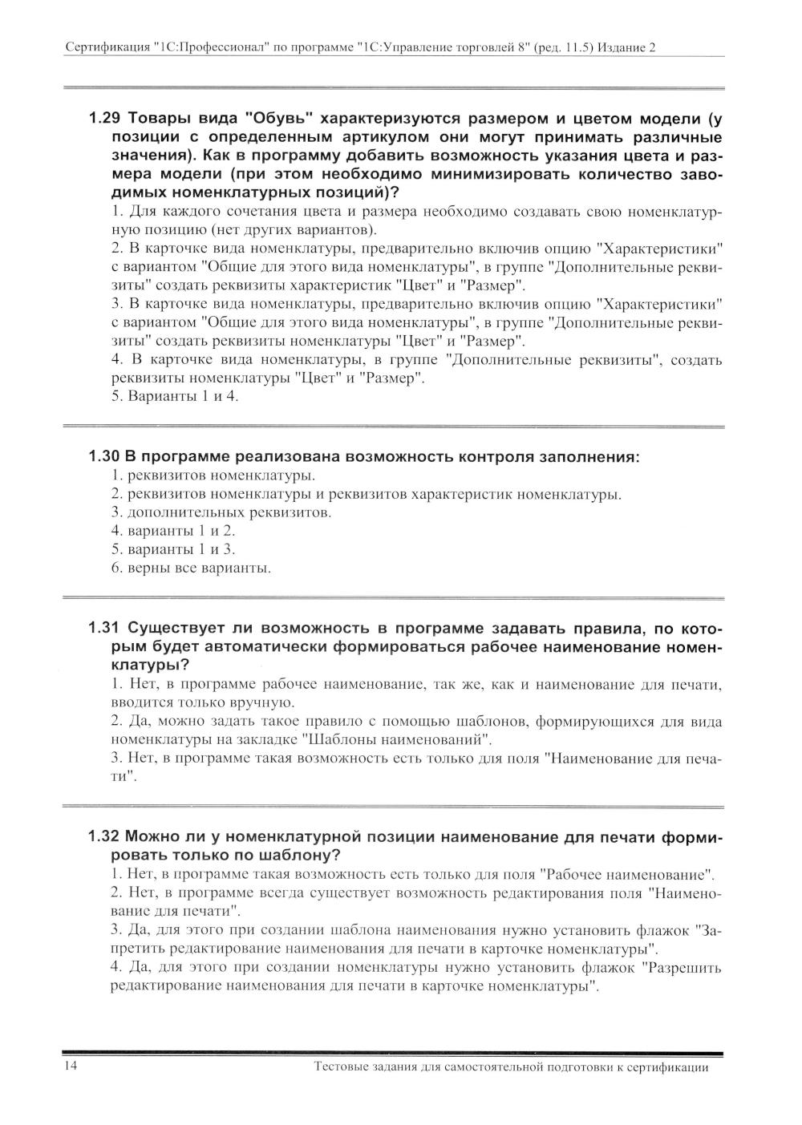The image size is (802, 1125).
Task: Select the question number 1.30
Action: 103,457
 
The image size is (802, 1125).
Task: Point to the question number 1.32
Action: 103,837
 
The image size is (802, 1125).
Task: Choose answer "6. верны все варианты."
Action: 191,569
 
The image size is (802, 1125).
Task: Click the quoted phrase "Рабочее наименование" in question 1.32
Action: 627,874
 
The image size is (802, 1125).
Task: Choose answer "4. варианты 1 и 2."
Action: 172,531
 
